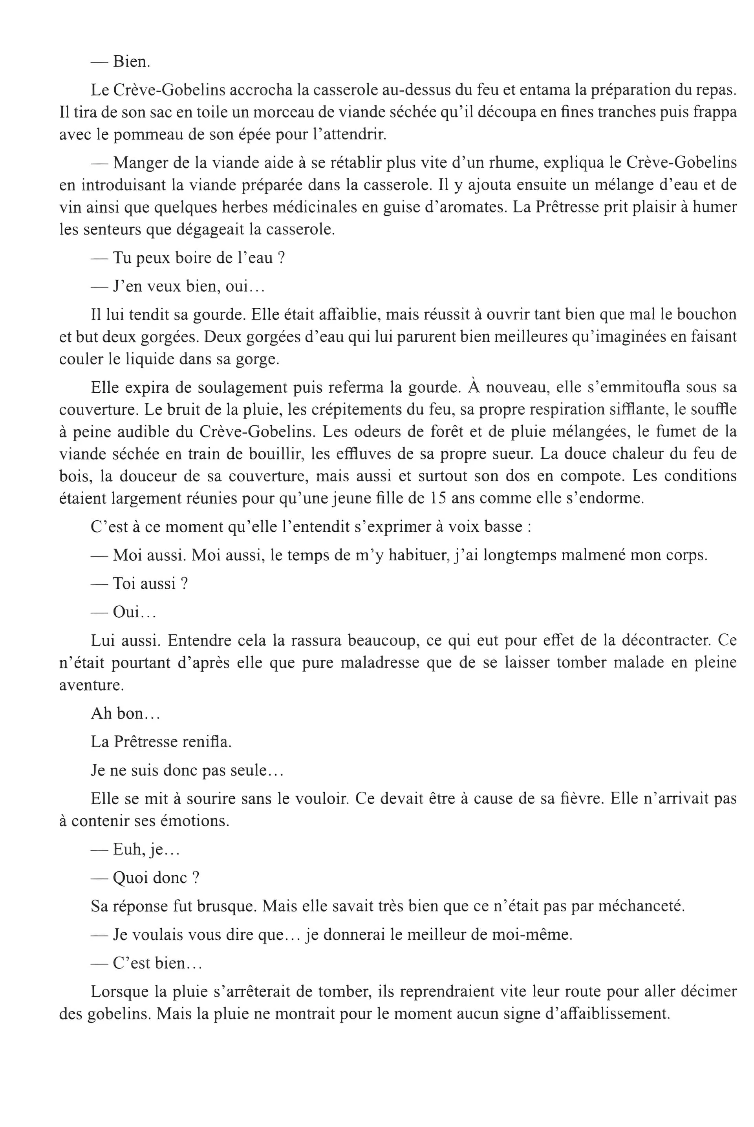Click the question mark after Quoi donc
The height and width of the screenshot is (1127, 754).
pos(195,878)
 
